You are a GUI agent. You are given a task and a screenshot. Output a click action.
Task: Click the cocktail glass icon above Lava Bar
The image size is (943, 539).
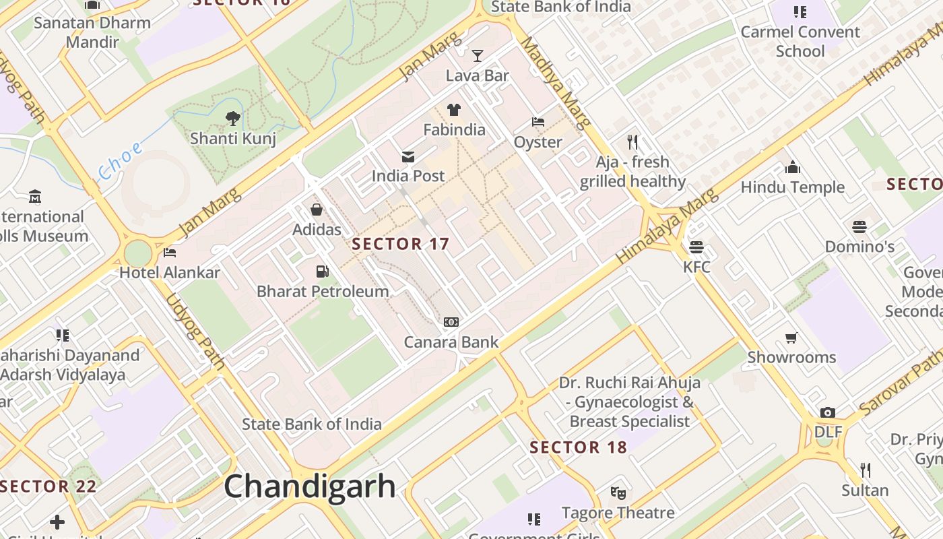coord(478,55)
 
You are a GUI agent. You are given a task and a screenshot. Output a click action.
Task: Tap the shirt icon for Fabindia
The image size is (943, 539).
coord(454,110)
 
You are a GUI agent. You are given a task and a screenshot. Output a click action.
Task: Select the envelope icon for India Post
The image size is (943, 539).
coord(408,157)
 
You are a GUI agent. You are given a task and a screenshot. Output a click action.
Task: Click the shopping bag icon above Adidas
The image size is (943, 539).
coord(317,210)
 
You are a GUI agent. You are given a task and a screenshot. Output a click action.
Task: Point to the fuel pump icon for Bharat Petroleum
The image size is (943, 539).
coord(323,272)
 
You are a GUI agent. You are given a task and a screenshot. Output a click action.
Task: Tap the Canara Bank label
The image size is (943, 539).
coord(451,342)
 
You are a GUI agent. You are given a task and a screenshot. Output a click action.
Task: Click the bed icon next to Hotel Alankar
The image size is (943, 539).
coord(170,253)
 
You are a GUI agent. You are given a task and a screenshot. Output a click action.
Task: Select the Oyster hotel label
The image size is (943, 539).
coord(538,142)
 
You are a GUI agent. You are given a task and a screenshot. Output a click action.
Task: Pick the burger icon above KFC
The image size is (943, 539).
coord(696,247)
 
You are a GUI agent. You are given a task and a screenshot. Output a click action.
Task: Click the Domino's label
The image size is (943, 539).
coord(859,247)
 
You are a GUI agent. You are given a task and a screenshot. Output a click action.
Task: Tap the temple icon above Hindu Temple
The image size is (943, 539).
coord(793,167)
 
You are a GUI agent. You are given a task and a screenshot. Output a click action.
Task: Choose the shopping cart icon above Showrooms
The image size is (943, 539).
coord(791,337)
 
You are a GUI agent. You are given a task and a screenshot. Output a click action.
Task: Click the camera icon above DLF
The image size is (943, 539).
coord(828,412)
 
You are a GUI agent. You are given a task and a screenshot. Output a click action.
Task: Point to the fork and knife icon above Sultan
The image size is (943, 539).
coord(866,470)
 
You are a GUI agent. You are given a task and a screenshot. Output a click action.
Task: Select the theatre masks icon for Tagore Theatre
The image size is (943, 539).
coord(618,493)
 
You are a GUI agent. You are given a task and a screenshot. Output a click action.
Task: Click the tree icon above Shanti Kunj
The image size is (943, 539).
coord(233,119)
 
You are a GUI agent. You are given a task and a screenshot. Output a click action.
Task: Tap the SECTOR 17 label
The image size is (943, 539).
coord(400,244)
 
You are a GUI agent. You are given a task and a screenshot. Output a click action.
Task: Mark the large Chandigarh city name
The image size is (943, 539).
coord(310,486)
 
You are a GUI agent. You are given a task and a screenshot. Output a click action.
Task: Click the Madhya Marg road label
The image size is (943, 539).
coord(556,82)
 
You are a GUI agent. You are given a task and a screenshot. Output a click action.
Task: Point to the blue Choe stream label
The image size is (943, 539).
coord(121,161)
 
